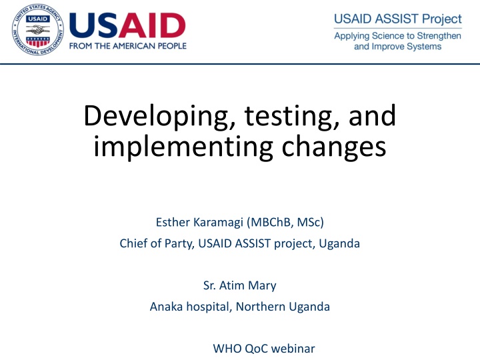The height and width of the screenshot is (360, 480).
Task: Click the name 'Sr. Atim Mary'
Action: [x=239, y=286]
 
